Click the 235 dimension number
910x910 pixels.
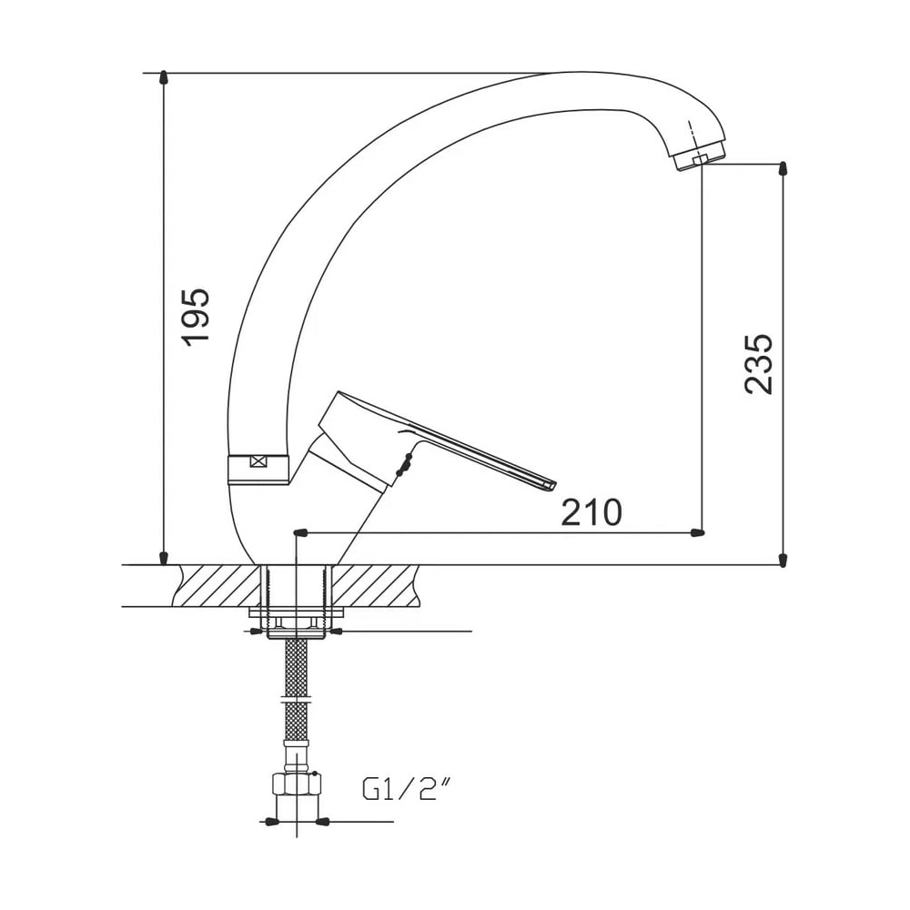759,364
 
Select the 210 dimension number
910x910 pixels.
591,511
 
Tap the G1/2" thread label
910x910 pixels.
407,789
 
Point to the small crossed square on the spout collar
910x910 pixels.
258,462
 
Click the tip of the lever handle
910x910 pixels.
551,485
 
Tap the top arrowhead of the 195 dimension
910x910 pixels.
164,77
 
